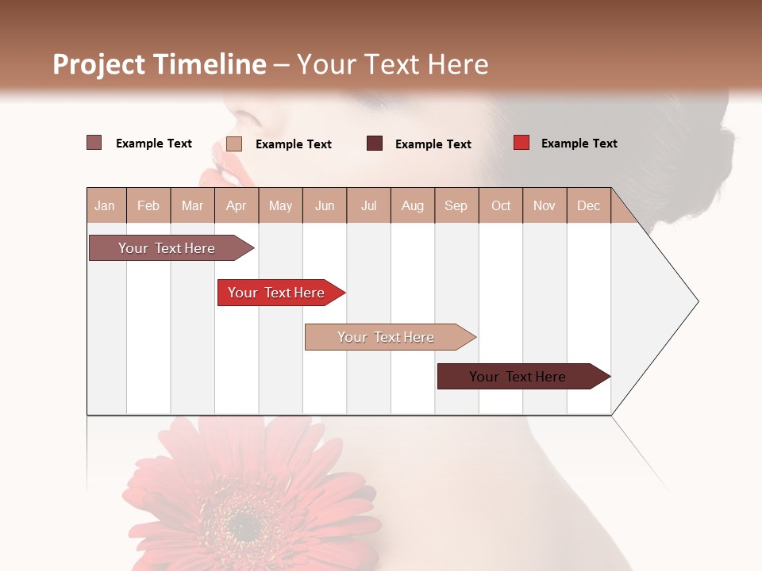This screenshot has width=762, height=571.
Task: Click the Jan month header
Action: tap(105, 205)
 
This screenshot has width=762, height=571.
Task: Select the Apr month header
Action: tap(236, 205)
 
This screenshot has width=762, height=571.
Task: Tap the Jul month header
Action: tap(368, 205)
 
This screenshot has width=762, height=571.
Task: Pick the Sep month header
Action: tap(456, 205)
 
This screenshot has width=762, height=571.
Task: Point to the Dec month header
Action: tap(588, 205)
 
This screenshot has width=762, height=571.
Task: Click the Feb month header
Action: tap(148, 205)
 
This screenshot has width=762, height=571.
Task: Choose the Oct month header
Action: tap(501, 205)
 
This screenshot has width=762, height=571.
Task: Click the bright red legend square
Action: tap(521, 143)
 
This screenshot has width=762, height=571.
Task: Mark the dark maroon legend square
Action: tap(375, 144)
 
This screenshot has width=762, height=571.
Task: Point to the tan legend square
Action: tap(234, 144)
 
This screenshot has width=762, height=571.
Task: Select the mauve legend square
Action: tap(94, 143)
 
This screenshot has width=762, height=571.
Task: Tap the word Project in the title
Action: tap(98, 64)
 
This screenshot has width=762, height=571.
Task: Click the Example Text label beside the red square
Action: tap(579, 144)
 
